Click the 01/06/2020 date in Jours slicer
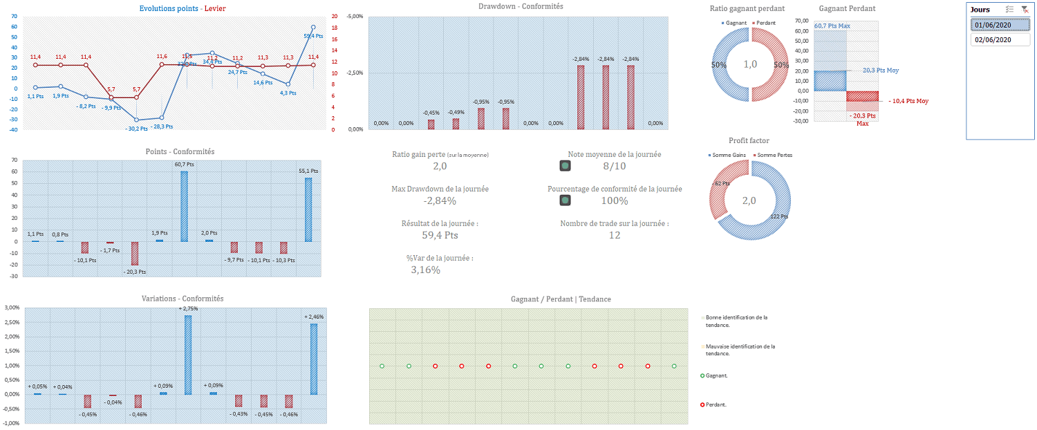[1000, 25]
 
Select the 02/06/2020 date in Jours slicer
[1000, 40]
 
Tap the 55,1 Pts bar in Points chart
[308, 209]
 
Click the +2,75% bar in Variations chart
[188, 355]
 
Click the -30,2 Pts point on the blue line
[136, 120]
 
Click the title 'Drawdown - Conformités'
[520, 6]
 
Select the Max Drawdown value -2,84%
[440, 201]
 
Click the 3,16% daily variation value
[425, 270]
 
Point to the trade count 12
[614, 235]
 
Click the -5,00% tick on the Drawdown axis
[354, 16]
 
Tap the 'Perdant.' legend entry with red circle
[716, 404]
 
